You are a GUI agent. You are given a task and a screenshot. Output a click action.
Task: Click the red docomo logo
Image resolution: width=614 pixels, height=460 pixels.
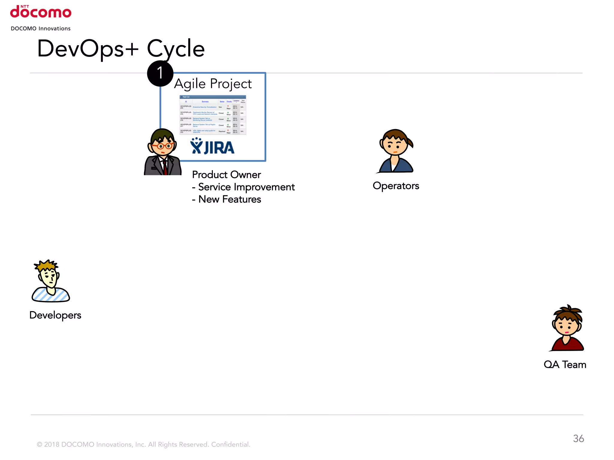41,12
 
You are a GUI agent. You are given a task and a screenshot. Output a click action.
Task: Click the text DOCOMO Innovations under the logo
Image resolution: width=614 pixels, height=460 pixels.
41,28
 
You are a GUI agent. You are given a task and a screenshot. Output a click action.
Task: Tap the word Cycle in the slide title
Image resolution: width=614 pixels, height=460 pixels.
176,49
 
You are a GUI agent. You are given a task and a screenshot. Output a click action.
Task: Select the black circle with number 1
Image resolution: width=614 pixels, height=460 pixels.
160,73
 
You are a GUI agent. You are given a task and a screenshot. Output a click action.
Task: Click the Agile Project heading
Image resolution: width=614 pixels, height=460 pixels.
213,84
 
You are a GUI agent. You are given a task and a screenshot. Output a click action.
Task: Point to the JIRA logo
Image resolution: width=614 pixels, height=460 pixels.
212,146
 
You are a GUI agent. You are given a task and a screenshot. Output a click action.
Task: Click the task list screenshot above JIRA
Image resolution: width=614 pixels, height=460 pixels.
213,115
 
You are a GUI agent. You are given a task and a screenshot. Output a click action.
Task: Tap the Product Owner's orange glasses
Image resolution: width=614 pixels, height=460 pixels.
162,146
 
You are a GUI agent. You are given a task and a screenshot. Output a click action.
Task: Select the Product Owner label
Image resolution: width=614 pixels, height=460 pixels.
226,175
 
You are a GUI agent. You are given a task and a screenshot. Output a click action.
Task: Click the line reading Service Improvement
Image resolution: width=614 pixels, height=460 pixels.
243,187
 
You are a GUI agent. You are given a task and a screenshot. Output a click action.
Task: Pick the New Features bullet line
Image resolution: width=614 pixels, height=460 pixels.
227,199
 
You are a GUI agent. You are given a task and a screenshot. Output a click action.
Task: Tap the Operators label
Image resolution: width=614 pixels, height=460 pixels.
396,186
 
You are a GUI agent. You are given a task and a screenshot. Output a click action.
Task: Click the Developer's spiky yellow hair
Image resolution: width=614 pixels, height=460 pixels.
46,265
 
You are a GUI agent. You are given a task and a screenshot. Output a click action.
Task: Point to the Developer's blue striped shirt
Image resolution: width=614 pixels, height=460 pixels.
51,295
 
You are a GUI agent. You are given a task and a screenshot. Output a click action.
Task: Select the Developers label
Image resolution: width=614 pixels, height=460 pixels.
55,315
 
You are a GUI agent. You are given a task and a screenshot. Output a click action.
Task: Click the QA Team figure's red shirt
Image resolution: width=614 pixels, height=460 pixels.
568,344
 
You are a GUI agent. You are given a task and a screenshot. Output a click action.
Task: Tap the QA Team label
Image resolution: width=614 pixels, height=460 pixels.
565,365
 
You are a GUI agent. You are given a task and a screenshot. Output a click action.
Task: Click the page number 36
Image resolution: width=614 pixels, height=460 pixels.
578,438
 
